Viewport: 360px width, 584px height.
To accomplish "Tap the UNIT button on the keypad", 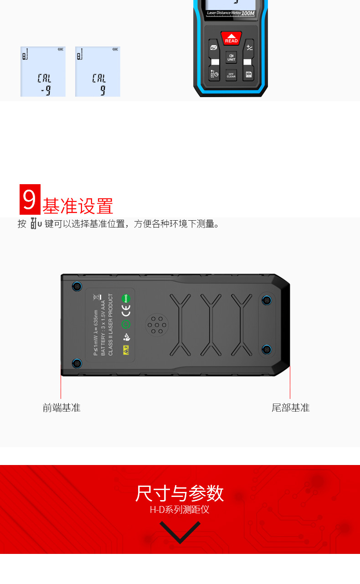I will [231, 57].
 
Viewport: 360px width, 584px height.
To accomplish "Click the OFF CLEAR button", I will [231, 75].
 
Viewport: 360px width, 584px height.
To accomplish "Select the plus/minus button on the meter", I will [249, 47].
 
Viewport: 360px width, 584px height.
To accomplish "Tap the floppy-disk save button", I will [248, 74].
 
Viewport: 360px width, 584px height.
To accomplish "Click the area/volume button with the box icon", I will [214, 47].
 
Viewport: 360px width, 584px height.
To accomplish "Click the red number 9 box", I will [30, 199].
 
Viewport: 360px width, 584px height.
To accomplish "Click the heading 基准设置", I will [77, 206].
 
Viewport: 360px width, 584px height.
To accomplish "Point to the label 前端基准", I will [62, 408].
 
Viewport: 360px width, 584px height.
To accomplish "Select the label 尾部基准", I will [291, 408].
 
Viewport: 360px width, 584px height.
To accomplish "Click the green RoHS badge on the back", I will [126, 298].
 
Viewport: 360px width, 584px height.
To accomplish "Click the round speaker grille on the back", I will [156, 325].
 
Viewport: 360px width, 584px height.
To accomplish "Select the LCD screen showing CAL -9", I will [43, 72].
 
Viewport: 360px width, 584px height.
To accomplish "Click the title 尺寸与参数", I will [180, 493].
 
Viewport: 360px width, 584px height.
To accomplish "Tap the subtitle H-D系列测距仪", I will [180, 509].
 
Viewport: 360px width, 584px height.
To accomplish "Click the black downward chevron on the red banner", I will [180, 532].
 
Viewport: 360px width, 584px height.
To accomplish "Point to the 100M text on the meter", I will [248, 14].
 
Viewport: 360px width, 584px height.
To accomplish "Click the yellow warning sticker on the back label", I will [126, 350].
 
